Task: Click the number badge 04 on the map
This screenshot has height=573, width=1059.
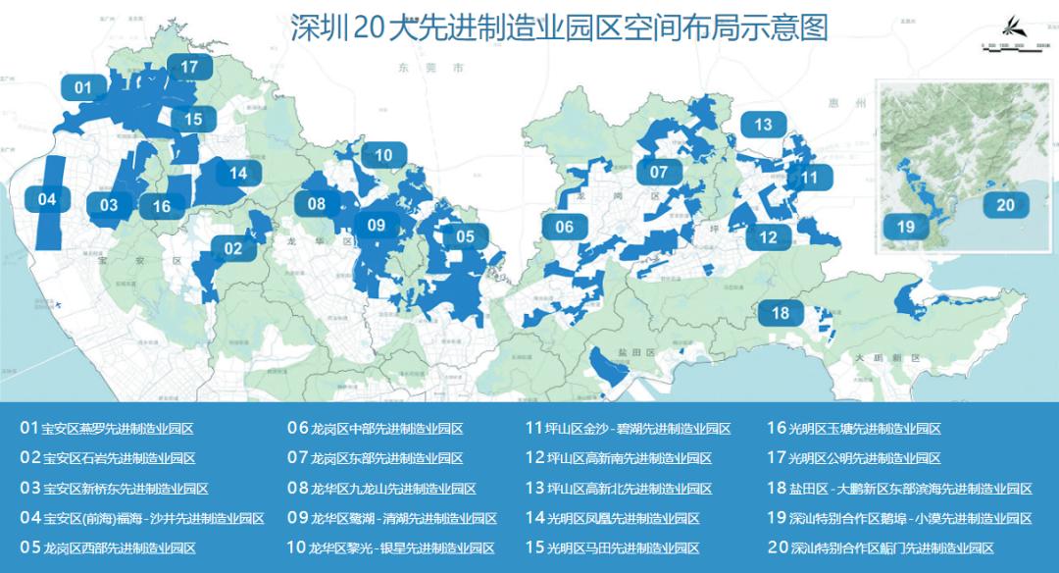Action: pos(47,199)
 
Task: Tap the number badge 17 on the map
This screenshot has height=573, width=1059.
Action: pos(189,68)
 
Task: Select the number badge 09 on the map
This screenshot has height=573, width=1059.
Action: pos(377,226)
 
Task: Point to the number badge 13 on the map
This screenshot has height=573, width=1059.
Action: pos(763,125)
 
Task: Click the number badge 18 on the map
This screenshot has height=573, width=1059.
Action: pos(781,314)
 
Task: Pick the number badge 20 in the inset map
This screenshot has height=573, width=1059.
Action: pos(1005,205)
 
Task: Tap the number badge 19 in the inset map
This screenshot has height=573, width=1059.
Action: pos(905,227)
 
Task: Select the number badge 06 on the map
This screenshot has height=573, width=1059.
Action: pos(564,227)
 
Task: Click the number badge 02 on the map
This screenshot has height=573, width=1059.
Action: pos(232,248)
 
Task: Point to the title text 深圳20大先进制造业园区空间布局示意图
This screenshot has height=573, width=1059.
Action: pos(559,26)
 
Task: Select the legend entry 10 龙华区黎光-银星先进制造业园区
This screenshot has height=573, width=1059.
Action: pos(391,547)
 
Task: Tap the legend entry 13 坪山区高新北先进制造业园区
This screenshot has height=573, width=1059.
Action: pos(619,489)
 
